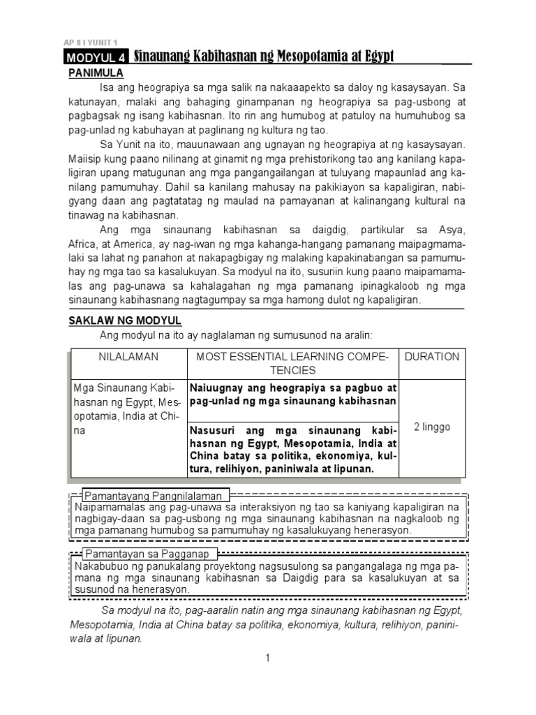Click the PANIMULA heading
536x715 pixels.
[96, 73]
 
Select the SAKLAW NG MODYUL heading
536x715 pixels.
[124, 320]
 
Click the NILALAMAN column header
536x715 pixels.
[128, 356]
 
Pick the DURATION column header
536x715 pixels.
[431, 356]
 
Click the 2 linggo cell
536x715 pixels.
[431, 427]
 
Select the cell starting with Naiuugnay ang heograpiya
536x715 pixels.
[293, 394]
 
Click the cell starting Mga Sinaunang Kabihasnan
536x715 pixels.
[128, 409]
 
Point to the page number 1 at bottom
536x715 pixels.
[267, 658]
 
